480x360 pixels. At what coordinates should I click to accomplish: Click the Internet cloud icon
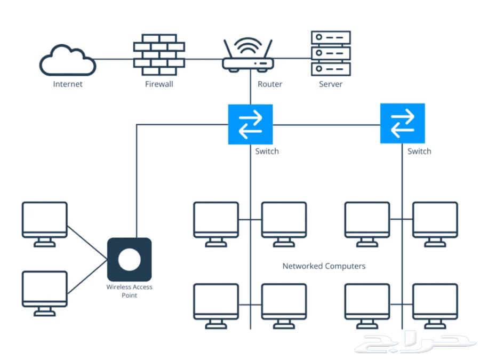point(68,60)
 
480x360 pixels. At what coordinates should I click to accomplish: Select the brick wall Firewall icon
point(159,55)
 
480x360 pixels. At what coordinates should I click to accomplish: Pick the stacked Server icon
point(331,53)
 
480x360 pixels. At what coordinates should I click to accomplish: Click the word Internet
point(68,84)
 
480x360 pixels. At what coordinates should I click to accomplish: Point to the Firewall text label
point(159,84)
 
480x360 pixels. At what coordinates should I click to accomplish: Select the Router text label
point(270,84)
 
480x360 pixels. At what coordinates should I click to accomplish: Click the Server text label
point(331,84)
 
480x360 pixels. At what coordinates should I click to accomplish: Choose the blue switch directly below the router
point(250,124)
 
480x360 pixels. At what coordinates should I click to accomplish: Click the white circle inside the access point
point(130,259)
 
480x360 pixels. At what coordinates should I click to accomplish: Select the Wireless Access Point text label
point(130,291)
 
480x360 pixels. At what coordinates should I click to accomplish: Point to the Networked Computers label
point(324,266)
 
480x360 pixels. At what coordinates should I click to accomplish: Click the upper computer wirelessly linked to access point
point(45,223)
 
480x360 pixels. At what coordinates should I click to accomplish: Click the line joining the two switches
point(326,125)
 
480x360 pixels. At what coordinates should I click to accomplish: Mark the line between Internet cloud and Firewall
point(115,59)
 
